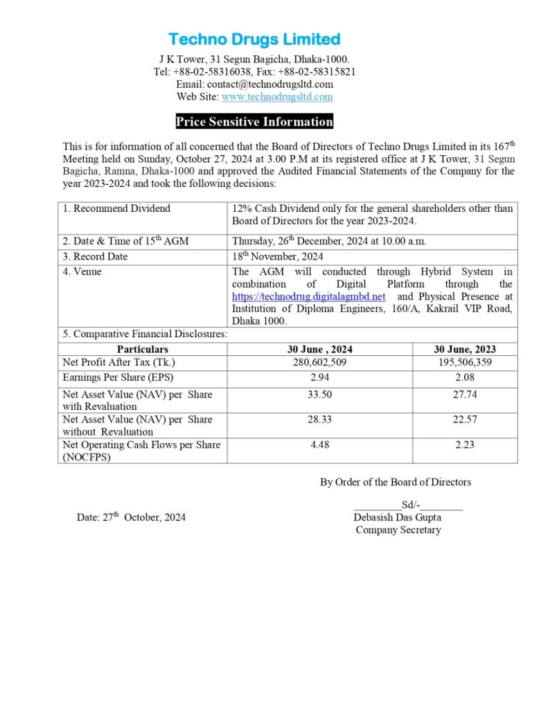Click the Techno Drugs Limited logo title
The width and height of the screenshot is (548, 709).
click(254, 39)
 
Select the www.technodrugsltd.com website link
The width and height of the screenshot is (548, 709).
click(276, 97)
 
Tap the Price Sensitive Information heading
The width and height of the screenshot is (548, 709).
click(254, 122)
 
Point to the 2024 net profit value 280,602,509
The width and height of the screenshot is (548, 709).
click(319, 362)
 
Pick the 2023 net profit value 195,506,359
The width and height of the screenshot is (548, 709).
click(465, 362)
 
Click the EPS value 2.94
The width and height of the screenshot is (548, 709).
click(319, 377)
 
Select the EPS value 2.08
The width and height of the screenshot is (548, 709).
click(465, 377)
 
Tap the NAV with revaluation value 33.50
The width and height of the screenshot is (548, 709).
click(319, 395)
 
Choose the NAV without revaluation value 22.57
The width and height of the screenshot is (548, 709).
click(465, 420)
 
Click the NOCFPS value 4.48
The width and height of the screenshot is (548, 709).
click(319, 445)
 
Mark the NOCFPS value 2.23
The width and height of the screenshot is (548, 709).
click(465, 445)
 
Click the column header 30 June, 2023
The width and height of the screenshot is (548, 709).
click(465, 349)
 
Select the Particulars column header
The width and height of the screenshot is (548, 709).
click(142, 349)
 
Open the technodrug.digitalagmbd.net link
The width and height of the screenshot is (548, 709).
click(308, 296)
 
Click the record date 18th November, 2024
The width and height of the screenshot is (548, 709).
click(277, 257)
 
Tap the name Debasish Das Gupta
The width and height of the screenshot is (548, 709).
click(397, 517)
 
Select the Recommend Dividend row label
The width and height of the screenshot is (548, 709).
click(121, 208)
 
